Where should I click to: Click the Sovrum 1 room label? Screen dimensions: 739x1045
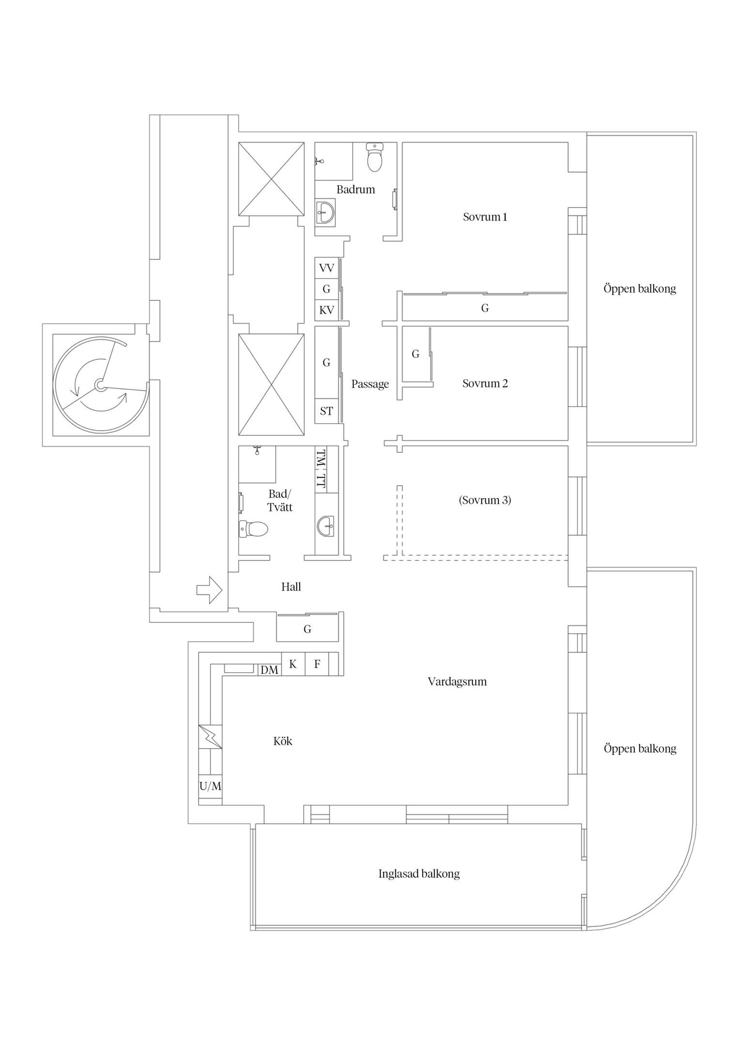click(x=485, y=217)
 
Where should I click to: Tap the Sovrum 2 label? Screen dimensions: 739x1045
click(x=485, y=384)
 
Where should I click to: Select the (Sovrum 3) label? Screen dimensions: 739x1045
click(x=485, y=500)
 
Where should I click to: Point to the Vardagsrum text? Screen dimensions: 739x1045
click(x=457, y=682)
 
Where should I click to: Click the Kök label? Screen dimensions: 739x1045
click(x=283, y=741)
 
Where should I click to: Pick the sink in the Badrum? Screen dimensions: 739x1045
click(x=325, y=211)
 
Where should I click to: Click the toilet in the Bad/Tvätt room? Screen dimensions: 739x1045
click(x=254, y=529)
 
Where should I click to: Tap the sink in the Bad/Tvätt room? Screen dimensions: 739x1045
click(x=325, y=525)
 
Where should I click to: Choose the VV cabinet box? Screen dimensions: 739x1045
click(x=327, y=268)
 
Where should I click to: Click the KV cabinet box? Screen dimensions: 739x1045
click(x=327, y=310)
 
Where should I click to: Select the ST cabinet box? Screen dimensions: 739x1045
click(x=327, y=411)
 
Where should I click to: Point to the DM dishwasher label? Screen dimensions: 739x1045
click(x=270, y=670)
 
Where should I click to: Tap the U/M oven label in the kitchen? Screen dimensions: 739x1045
click(x=210, y=786)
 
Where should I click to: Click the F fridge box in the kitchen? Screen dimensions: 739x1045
click(x=317, y=664)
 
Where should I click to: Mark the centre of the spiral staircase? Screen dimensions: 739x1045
click(x=100, y=385)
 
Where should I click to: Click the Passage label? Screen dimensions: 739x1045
click(x=370, y=384)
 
